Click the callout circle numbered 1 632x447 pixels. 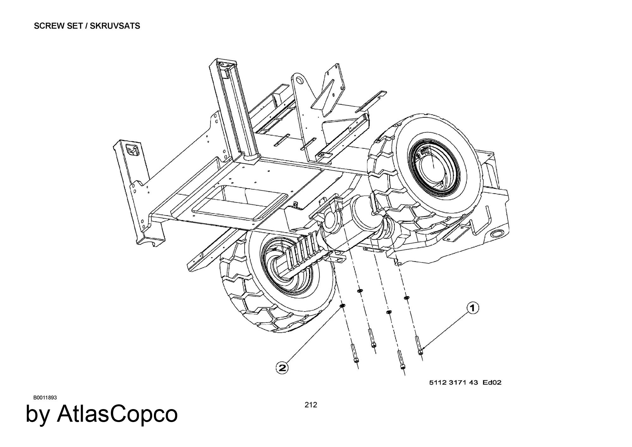pyautogui.click(x=473, y=308)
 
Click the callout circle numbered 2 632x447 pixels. pyautogui.click(x=282, y=368)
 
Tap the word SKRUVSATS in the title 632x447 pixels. pyautogui.click(x=115, y=26)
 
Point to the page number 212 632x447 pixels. pyautogui.click(x=311, y=405)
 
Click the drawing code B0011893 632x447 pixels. pyautogui.click(x=45, y=397)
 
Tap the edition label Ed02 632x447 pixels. pyautogui.click(x=492, y=383)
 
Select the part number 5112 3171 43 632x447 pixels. pyautogui.click(x=453, y=383)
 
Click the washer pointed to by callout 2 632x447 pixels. pyautogui.click(x=342, y=306)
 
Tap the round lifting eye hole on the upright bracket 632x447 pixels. pyautogui.click(x=299, y=82)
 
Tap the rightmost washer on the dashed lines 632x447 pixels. pyautogui.click(x=407, y=298)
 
